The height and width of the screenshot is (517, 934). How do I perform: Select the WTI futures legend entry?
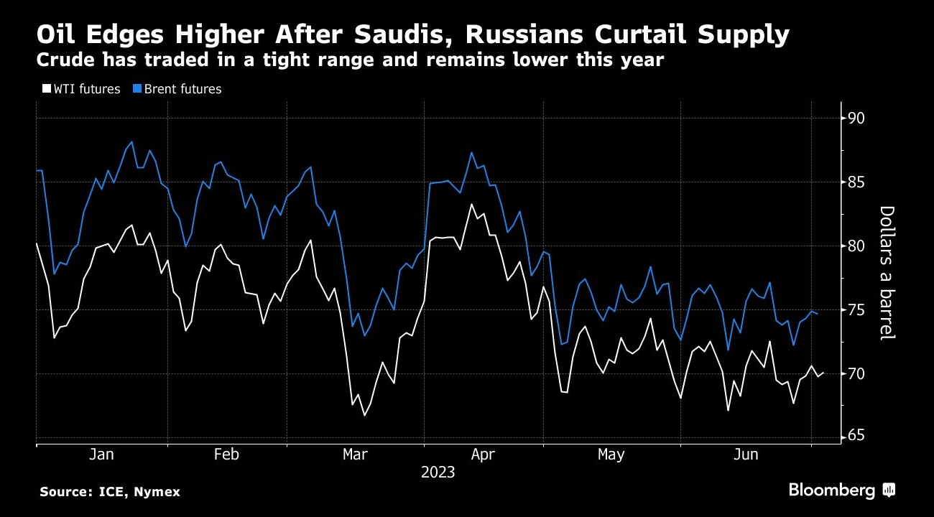click(x=81, y=89)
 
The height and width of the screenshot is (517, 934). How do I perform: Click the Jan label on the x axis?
click(x=101, y=455)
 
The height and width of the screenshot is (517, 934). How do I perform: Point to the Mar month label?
click(x=356, y=455)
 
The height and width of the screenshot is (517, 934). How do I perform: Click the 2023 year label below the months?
click(x=438, y=472)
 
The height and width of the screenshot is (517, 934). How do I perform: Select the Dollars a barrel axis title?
click(x=887, y=273)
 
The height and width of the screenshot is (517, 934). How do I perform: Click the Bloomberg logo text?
click(x=832, y=490)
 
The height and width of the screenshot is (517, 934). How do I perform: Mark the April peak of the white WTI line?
click(x=472, y=205)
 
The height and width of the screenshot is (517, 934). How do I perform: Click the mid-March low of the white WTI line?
click(x=364, y=415)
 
